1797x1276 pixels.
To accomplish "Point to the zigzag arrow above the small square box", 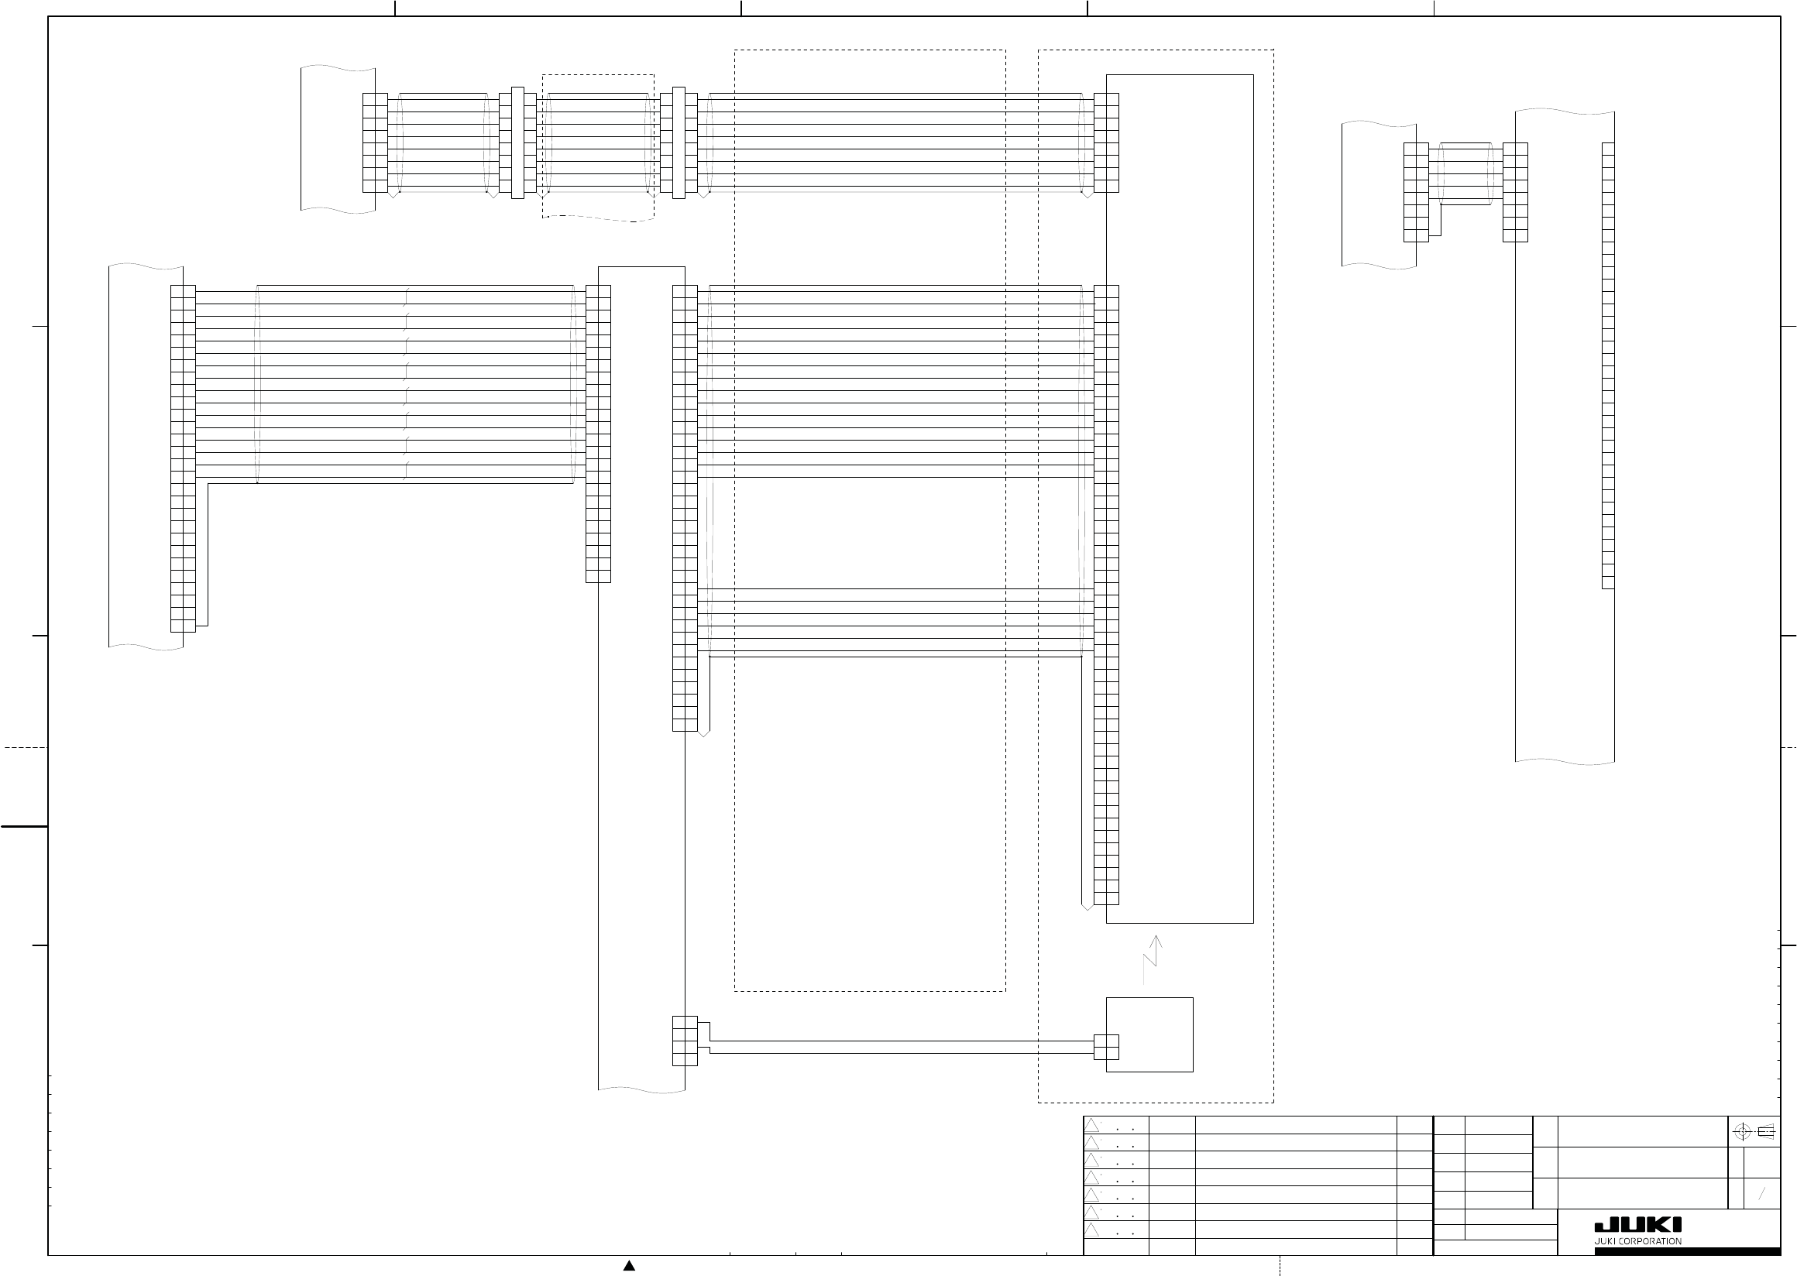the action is click(x=1151, y=959).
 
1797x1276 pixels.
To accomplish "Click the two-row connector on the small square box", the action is click(x=1106, y=1048).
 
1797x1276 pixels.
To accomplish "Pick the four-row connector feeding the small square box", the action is click(x=685, y=1041).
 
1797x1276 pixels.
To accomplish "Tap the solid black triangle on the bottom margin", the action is click(x=629, y=1266).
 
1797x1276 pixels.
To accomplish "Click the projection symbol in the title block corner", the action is click(x=1754, y=1132).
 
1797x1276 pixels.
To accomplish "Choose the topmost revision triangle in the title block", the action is click(x=1092, y=1126).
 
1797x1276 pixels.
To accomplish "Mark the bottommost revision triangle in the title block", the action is click(x=1092, y=1230).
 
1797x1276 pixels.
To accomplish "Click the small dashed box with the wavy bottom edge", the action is click(x=598, y=148).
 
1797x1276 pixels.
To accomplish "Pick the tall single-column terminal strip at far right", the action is click(x=1608, y=365).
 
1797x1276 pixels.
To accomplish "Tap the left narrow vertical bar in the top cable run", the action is click(x=517, y=142).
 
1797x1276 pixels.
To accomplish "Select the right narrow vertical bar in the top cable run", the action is click(x=679, y=142).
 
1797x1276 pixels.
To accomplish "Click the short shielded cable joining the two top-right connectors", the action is click(x=1465, y=173).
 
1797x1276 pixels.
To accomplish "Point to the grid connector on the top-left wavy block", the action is click(x=375, y=142).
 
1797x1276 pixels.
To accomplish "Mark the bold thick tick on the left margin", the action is click(x=23, y=827).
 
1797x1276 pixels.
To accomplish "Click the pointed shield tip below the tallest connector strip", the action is click(x=1087, y=907).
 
